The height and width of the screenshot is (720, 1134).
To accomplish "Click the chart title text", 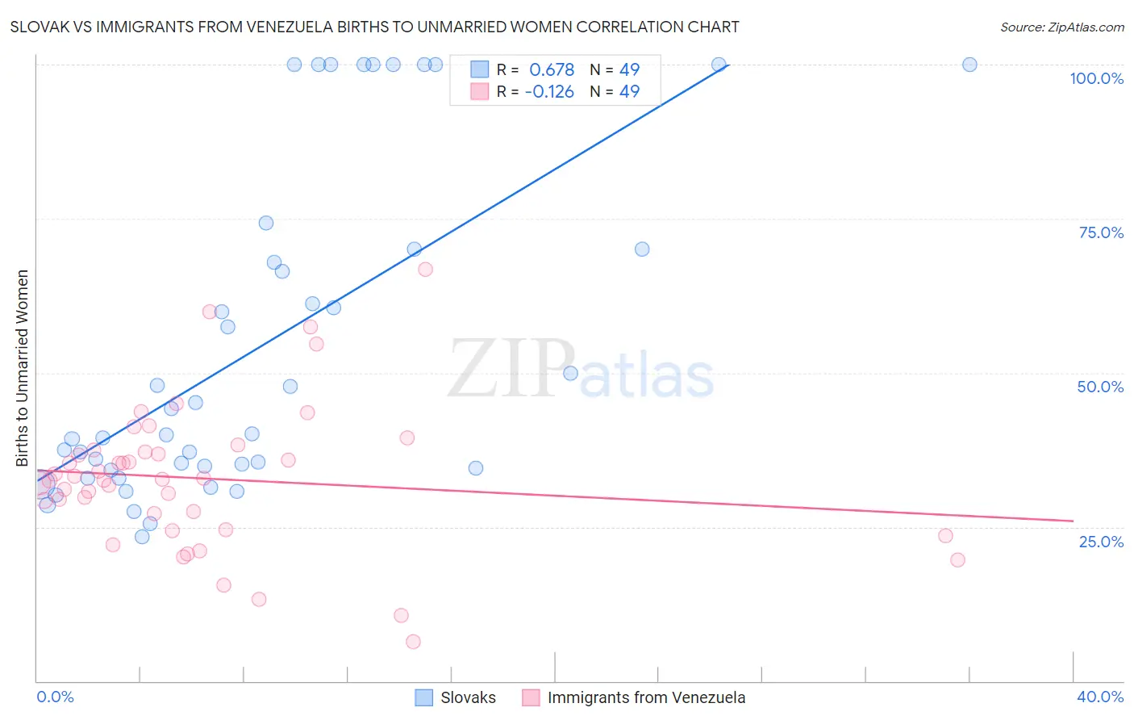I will coord(374,27).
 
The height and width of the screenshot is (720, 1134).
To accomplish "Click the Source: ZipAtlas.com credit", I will coord(1061,27).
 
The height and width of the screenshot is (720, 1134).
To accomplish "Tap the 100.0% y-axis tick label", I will coord(1096,78).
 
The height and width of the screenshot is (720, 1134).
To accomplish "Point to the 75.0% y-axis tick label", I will coord(1101,232).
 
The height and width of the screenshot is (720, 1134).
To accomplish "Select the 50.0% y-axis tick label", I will coord(1100,387).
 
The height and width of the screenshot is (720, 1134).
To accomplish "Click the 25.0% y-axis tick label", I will coord(1101,541).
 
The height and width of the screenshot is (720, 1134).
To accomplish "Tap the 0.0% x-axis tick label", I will coord(55,697).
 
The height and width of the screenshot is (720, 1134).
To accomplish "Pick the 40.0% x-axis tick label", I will coord(1100,697).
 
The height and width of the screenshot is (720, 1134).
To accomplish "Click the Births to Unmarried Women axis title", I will coord(22,368).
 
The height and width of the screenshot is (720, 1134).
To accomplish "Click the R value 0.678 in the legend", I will coord(552,69).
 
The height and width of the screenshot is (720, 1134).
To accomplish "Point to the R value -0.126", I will coord(549,91).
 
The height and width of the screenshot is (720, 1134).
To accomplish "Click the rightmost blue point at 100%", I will coord(969,65).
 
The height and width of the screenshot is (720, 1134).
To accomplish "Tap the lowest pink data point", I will coord(413,642).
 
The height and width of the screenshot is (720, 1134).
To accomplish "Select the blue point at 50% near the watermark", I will coord(570,373).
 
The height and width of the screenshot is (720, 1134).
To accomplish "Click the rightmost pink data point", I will coord(957,559).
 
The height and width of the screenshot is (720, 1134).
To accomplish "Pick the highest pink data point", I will coord(425,270).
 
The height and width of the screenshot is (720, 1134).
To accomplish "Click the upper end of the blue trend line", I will coord(728,65).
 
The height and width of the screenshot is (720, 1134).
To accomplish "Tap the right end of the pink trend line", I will coord(1073,521).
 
